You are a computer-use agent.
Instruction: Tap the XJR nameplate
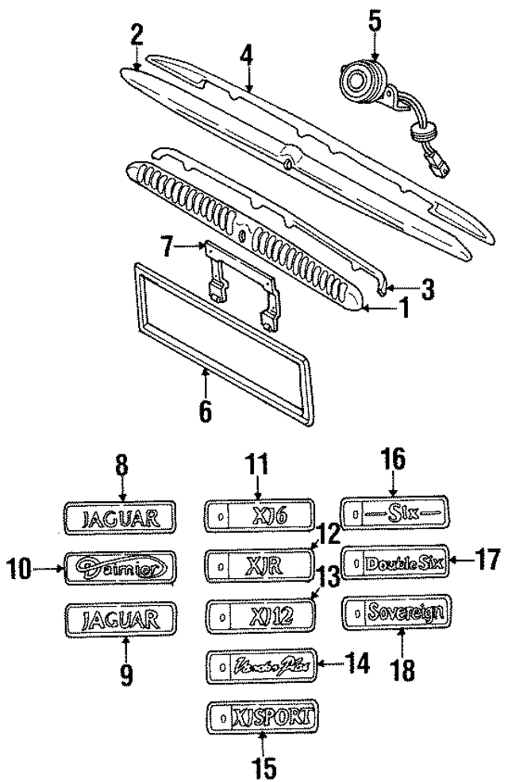point(260,565)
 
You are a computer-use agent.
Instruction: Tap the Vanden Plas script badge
point(261,665)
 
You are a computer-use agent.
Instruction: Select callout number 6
point(205,413)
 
